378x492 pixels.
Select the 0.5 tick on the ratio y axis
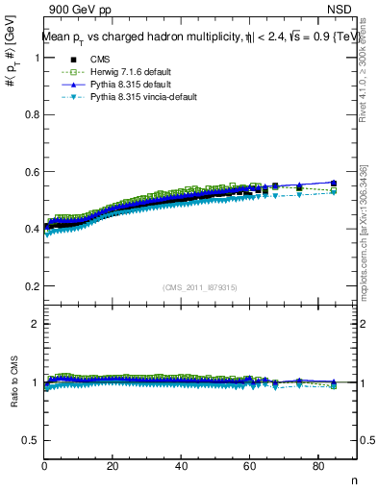[33, 440]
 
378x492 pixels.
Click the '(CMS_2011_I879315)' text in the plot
[200, 286]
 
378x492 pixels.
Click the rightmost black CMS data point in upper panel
[334, 183]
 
